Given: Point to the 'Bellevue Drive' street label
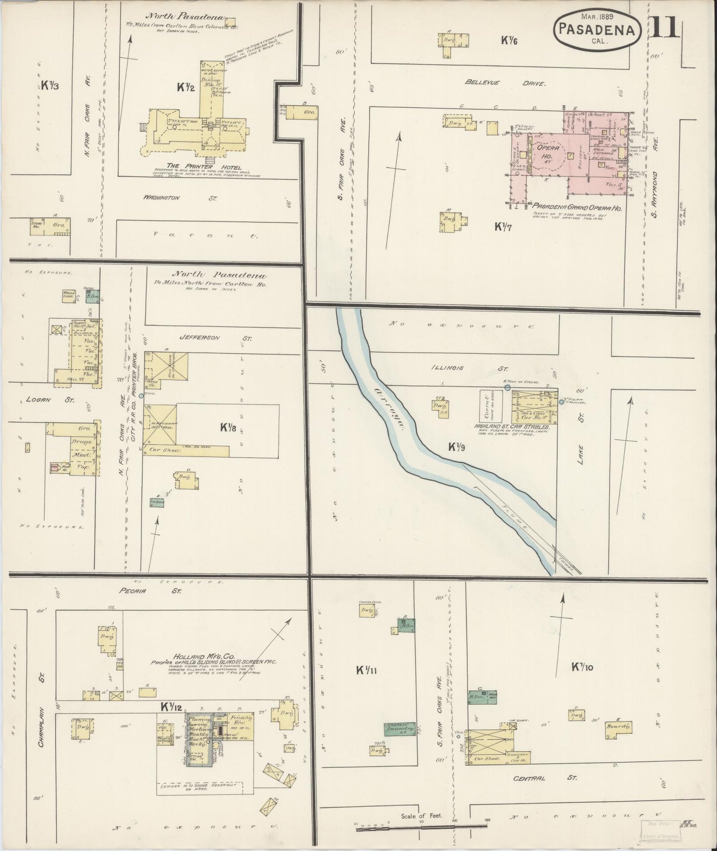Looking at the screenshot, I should pyautogui.click(x=505, y=83).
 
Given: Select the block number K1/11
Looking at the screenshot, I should pyautogui.click(x=367, y=670).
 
